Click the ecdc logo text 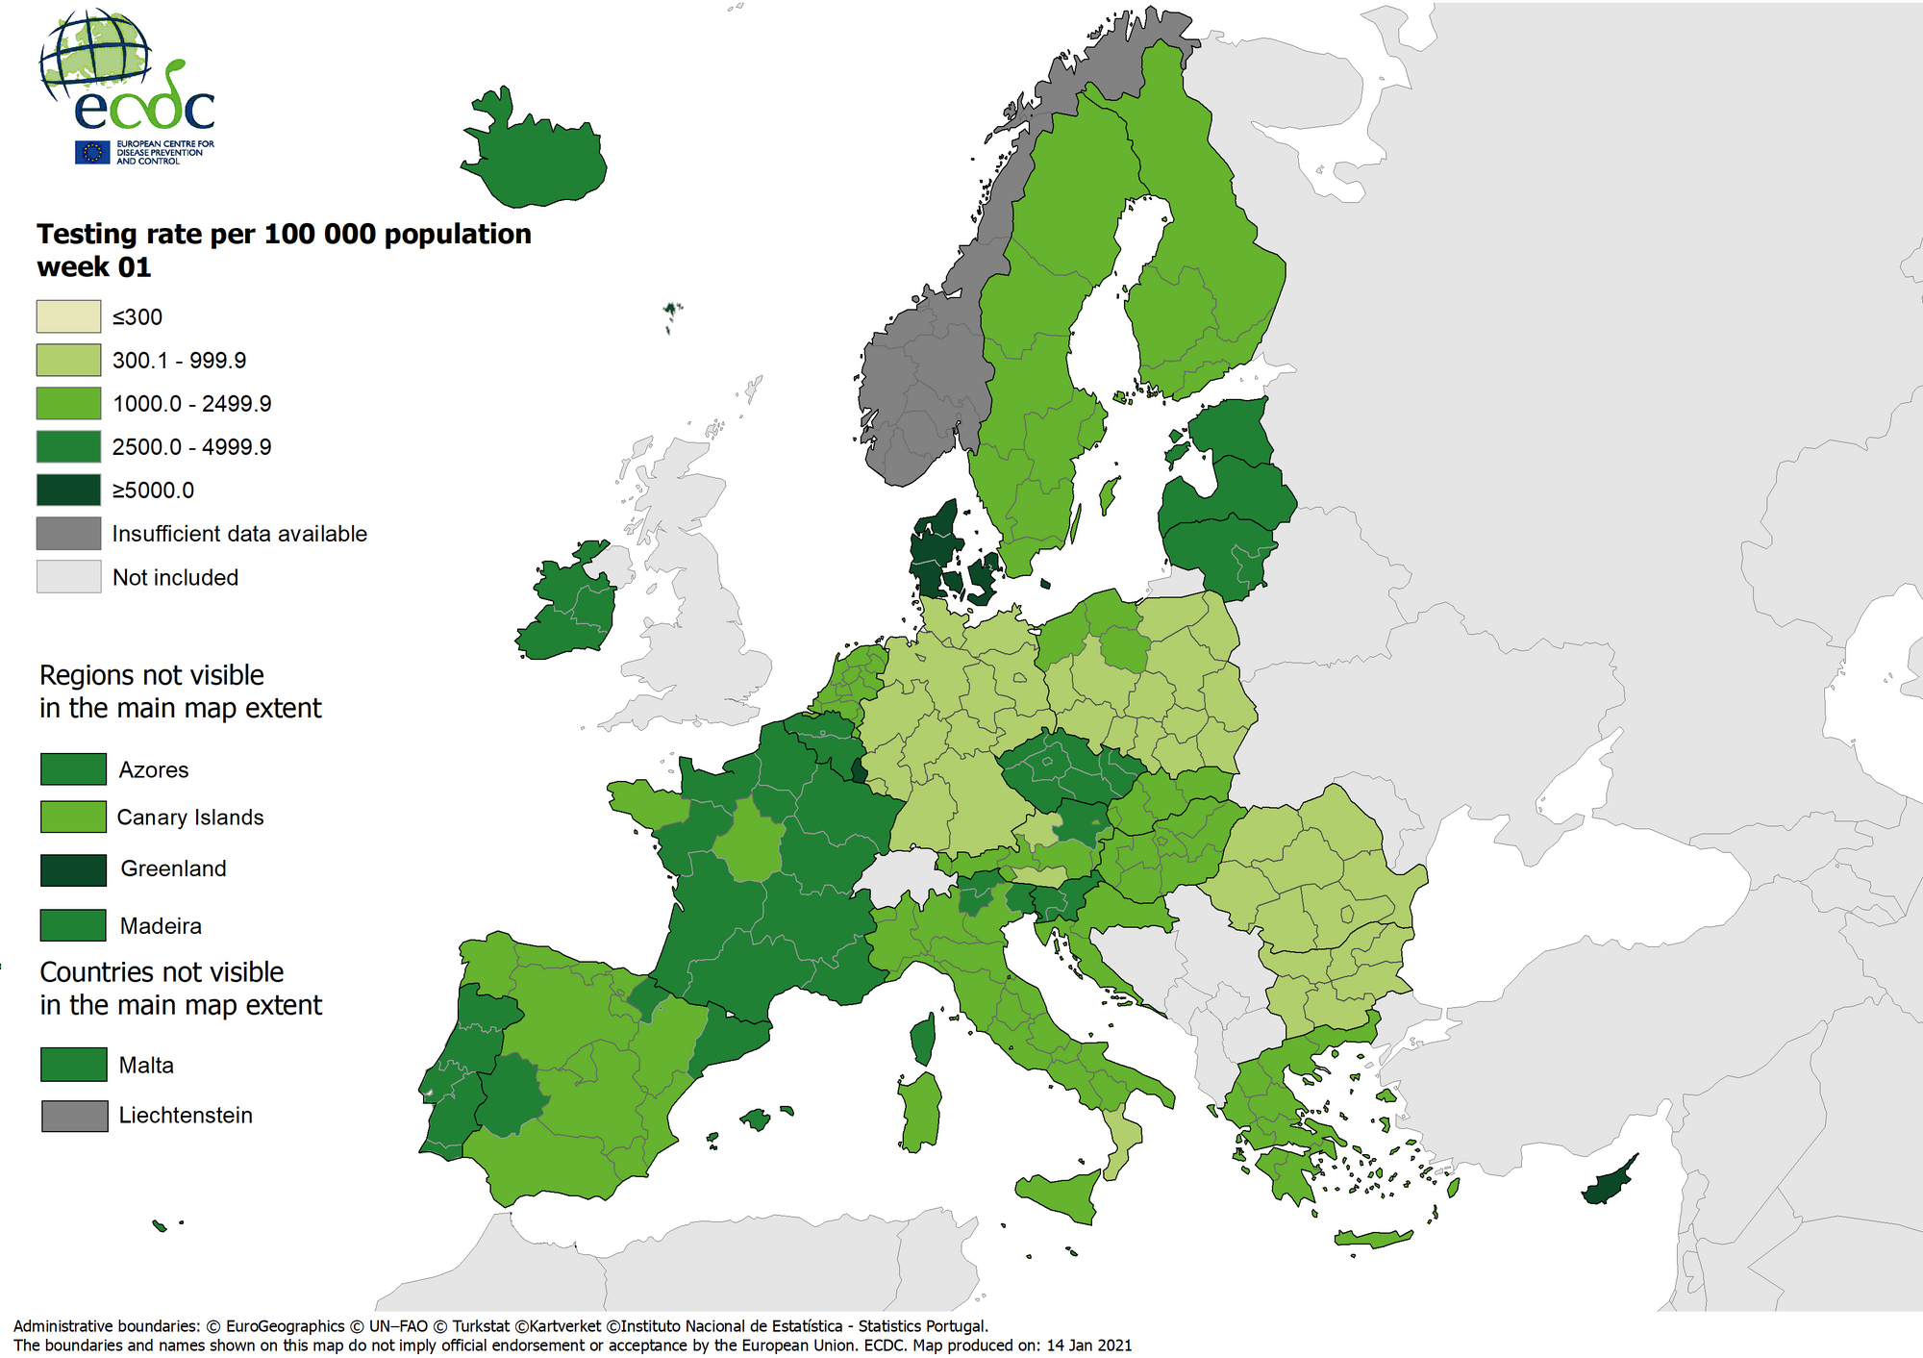pyautogui.click(x=144, y=108)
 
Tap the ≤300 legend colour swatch pyautogui.click(x=68, y=316)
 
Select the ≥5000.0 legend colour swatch pyautogui.click(x=68, y=490)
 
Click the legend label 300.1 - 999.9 pyautogui.click(x=179, y=361)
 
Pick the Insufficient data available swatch pyautogui.click(x=68, y=533)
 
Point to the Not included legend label pyautogui.click(x=175, y=577)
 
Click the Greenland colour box pyautogui.click(x=73, y=869)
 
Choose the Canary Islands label pyautogui.click(x=189, y=817)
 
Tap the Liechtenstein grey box pyautogui.click(x=74, y=1116)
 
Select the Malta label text pyautogui.click(x=146, y=1066)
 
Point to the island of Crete pyautogui.click(x=1373, y=1239)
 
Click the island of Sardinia pyautogui.click(x=920, y=1111)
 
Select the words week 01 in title pyautogui.click(x=93, y=267)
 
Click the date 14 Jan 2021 pyautogui.click(x=1088, y=1345)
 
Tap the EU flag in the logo pyautogui.click(x=93, y=152)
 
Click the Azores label pyautogui.click(x=153, y=770)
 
